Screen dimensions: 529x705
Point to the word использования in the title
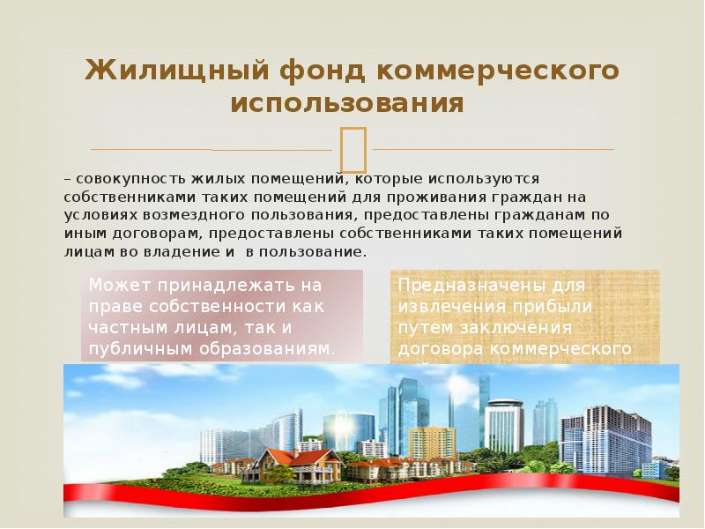click(347, 104)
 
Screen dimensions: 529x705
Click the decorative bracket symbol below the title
click(352, 148)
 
